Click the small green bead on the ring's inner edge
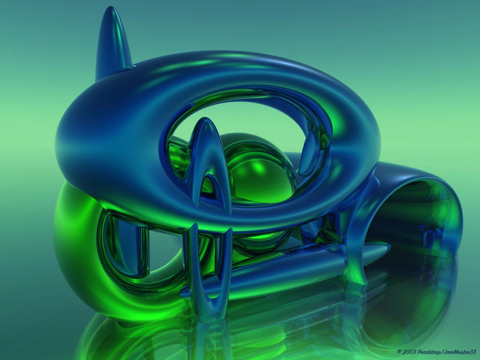click(325, 138)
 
